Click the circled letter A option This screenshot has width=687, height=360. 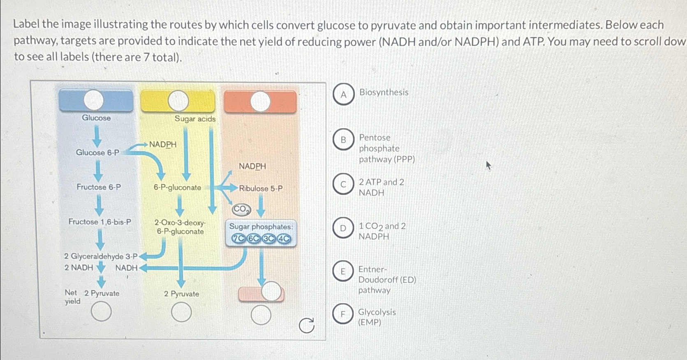point(343,95)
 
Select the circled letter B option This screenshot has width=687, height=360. point(343,140)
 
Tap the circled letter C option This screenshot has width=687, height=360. point(343,185)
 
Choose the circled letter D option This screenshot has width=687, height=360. point(343,228)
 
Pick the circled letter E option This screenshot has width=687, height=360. point(343,271)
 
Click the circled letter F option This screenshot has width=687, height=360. point(343,314)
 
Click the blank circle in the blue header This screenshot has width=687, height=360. point(94,100)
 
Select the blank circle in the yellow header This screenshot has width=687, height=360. point(178,101)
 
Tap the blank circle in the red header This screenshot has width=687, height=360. point(260,102)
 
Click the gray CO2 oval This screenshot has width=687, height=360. point(241,210)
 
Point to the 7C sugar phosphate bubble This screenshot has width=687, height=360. point(238,239)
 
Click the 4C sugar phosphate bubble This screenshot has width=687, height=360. point(284,239)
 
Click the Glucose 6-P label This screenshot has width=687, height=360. point(97,152)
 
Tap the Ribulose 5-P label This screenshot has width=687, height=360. point(261,189)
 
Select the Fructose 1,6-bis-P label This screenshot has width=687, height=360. point(100,222)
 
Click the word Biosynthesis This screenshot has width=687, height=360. point(384,92)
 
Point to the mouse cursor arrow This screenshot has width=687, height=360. point(488,166)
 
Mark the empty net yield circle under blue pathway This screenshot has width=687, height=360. point(101,312)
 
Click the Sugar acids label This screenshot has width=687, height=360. point(195,119)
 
